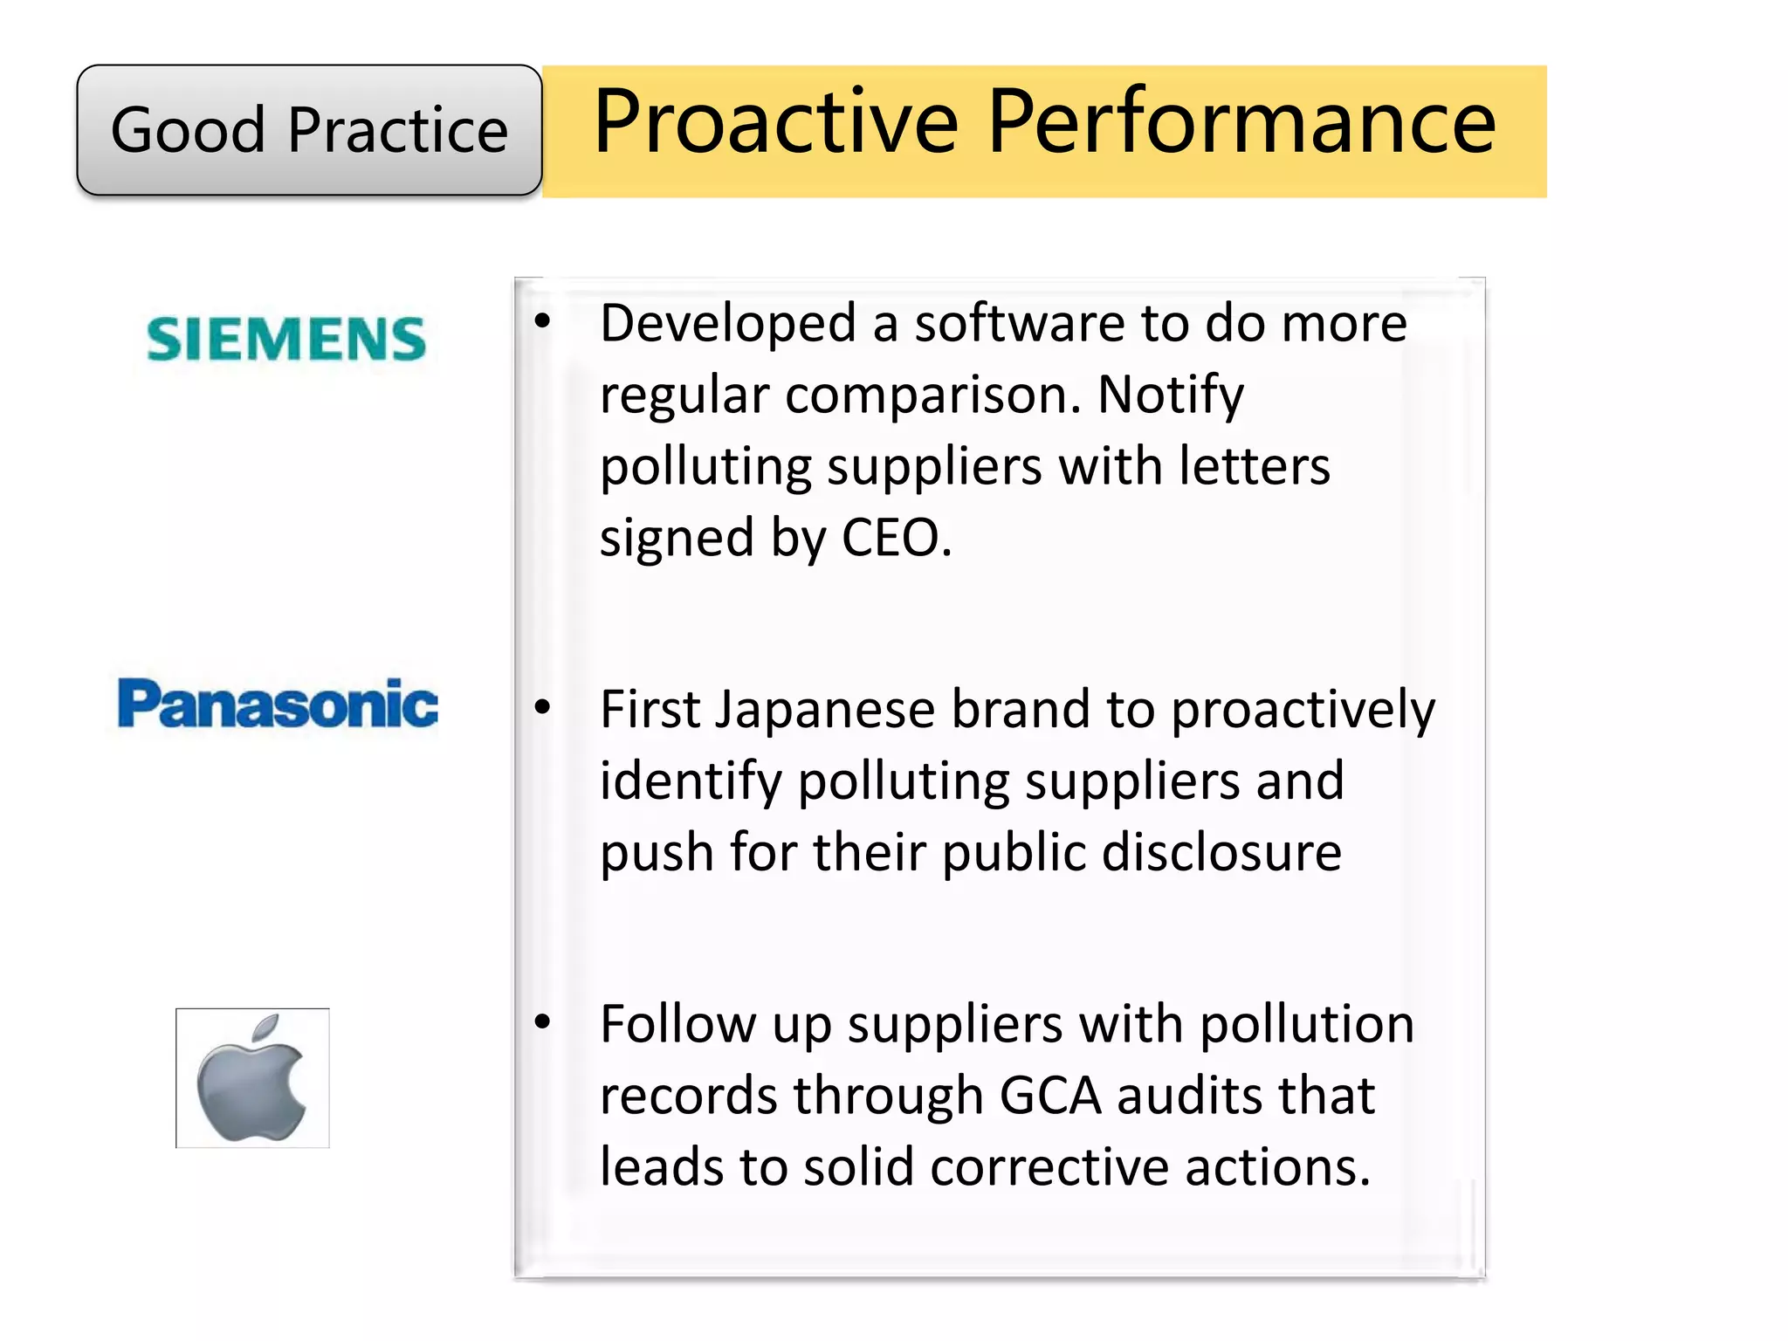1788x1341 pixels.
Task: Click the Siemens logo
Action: [x=286, y=340]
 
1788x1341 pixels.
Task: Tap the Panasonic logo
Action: [x=278, y=704]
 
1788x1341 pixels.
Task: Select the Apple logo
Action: [x=252, y=1079]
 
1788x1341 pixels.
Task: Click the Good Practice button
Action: [x=309, y=130]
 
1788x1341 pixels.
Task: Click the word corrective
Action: [x=1049, y=1167]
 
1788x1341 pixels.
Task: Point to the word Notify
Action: [x=1170, y=395]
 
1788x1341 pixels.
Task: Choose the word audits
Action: [x=1179, y=1096]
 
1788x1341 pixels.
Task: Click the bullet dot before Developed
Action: [x=543, y=321]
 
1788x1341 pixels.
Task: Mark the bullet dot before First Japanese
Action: [x=543, y=706]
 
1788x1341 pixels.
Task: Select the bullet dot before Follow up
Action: [x=543, y=1021]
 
